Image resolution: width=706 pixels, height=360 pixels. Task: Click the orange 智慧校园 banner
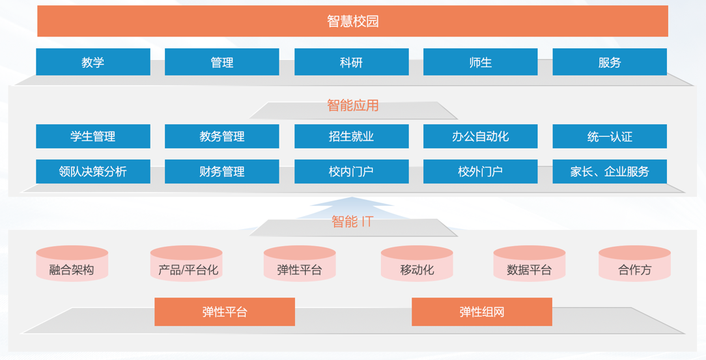[352, 21]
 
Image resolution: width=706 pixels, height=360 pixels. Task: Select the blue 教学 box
[93, 62]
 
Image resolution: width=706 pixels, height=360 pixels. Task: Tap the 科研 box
[352, 62]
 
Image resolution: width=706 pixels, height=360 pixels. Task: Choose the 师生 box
[481, 62]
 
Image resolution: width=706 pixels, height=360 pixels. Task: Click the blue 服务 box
[610, 62]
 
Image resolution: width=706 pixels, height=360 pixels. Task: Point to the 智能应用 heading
[352, 105]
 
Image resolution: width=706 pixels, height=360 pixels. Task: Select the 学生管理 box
[93, 136]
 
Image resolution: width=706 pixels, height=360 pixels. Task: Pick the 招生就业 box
[352, 136]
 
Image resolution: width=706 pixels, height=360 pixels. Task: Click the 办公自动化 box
[481, 136]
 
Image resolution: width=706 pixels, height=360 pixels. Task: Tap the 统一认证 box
[610, 136]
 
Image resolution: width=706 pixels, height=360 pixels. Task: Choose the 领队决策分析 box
[93, 171]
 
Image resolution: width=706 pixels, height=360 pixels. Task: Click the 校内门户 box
[352, 171]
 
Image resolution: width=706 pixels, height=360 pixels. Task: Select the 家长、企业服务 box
[610, 171]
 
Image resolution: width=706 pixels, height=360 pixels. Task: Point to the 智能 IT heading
[352, 221]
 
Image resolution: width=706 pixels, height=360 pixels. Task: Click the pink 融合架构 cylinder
[72, 264]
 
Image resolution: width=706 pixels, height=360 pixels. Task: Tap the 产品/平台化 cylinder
[186, 264]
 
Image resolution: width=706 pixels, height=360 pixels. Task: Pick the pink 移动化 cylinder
[417, 264]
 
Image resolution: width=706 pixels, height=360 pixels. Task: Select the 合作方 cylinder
[635, 264]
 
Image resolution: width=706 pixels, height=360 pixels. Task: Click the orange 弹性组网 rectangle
[482, 312]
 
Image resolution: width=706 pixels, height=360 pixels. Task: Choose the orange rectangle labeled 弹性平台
[225, 312]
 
